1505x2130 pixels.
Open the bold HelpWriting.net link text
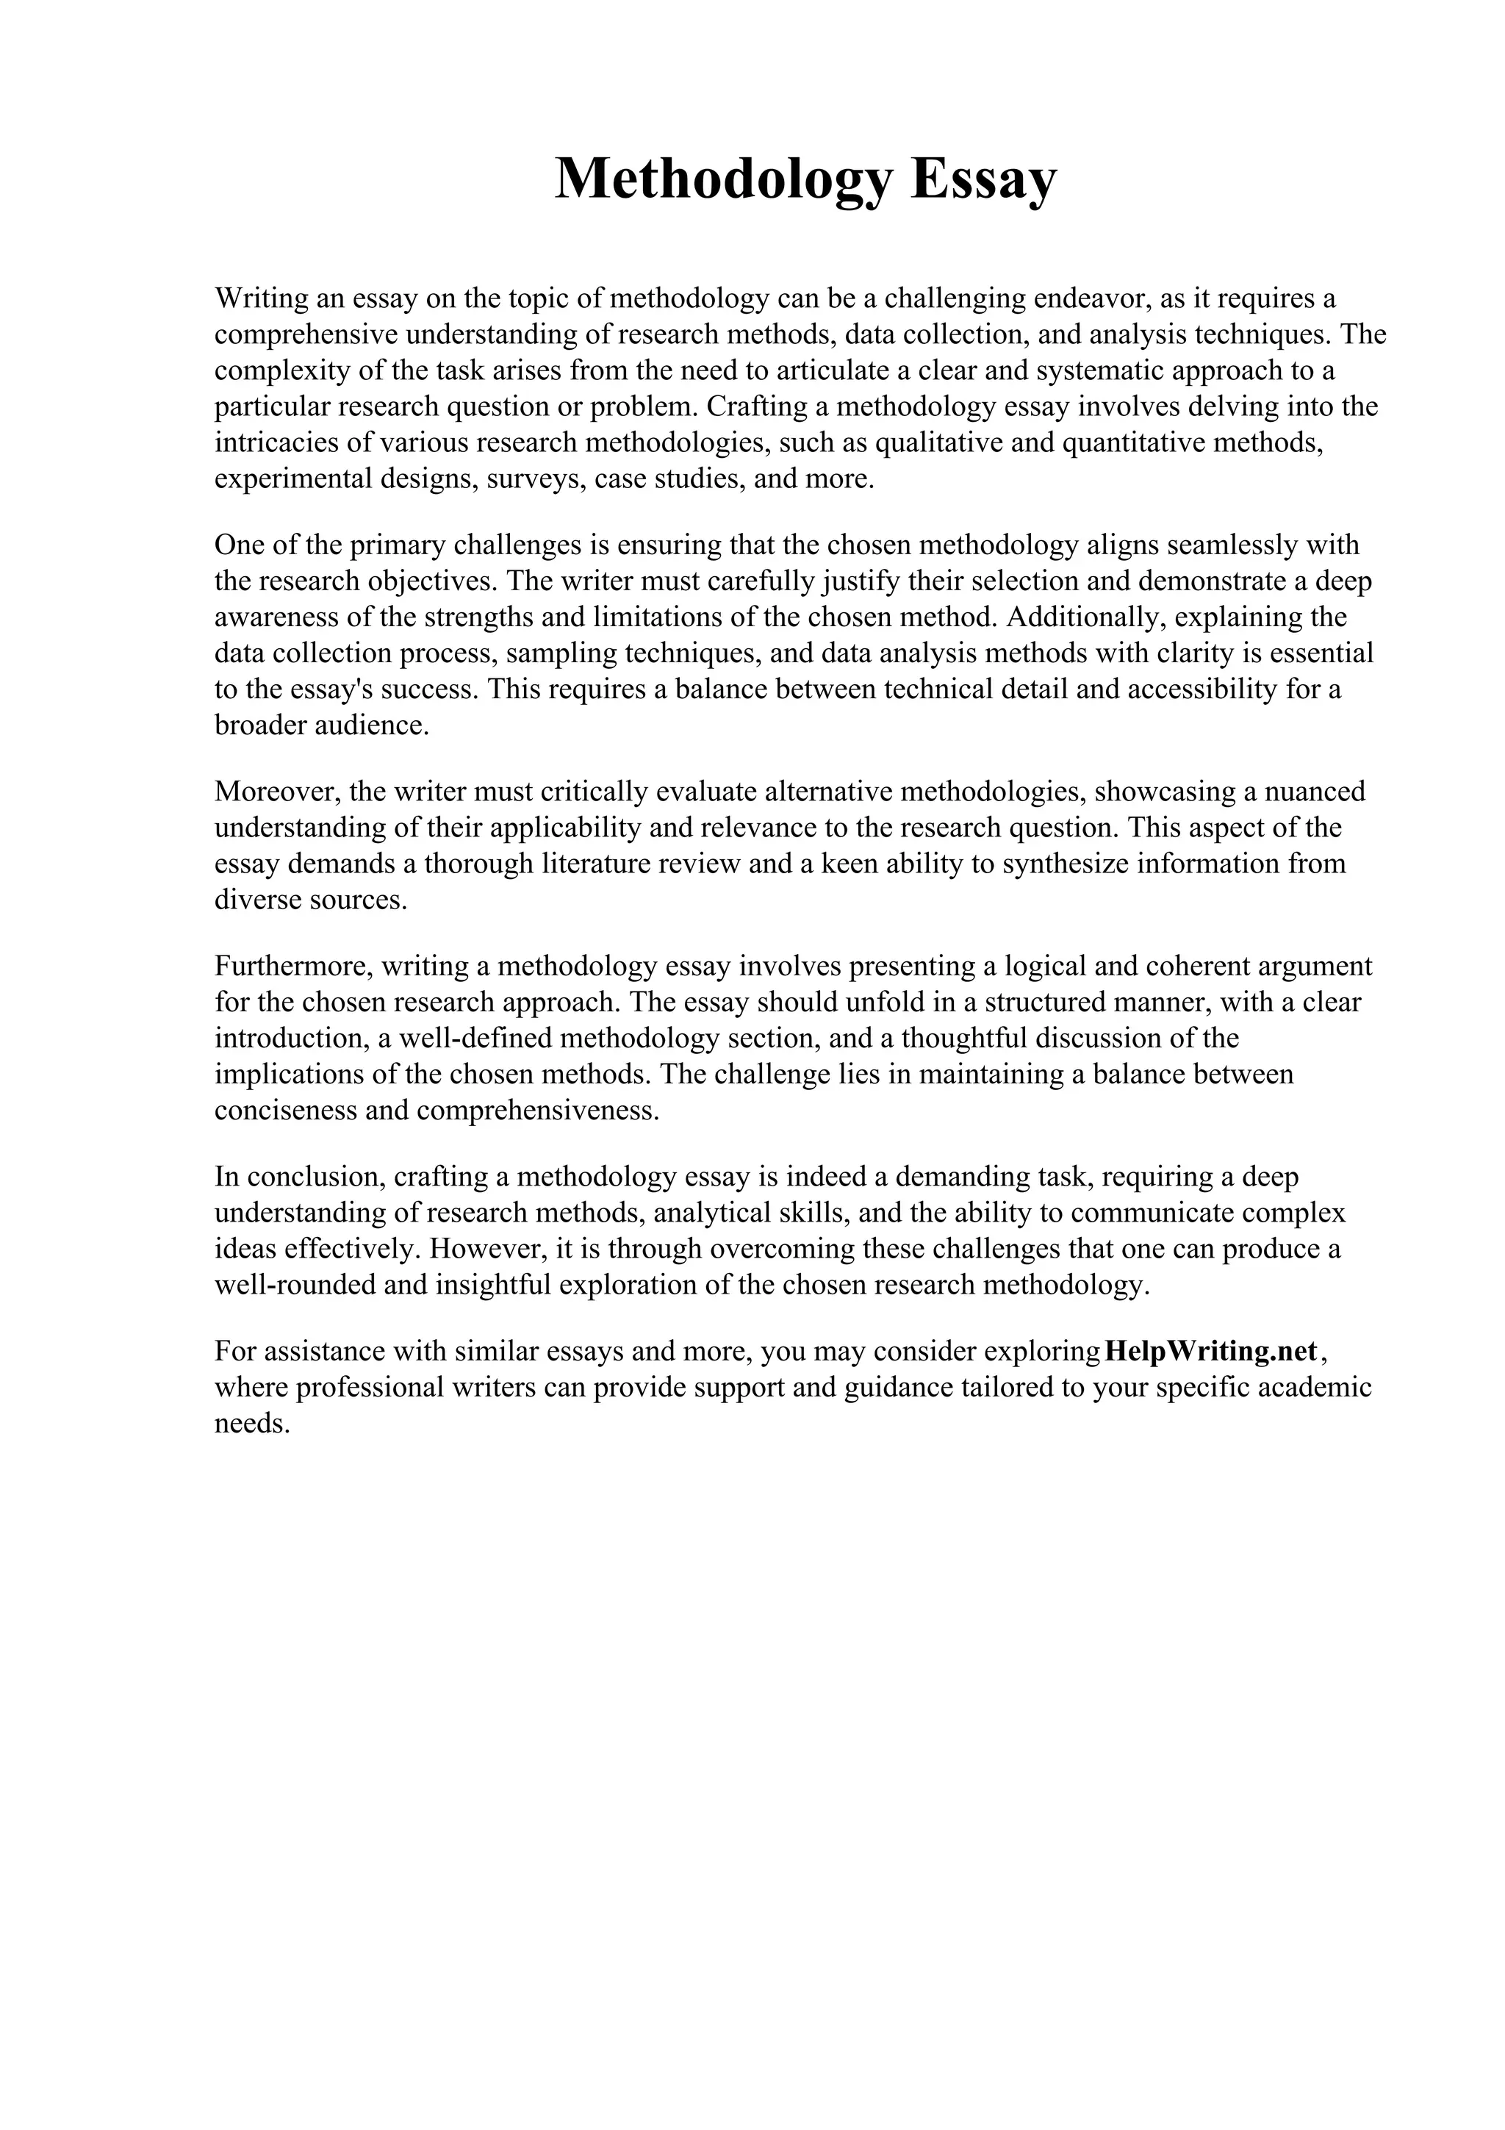coord(1212,1351)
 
